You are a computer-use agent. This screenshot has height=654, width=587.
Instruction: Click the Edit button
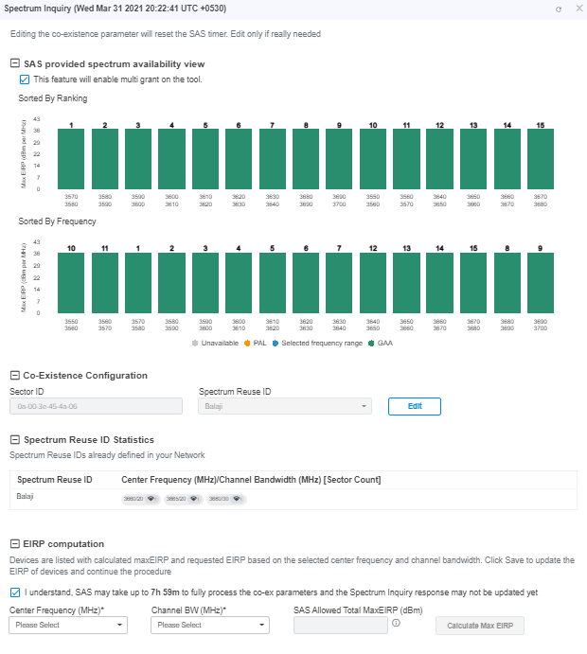pos(414,406)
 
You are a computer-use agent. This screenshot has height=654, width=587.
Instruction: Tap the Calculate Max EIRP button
pos(479,626)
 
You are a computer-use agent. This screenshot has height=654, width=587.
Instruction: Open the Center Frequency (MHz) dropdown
pos(68,626)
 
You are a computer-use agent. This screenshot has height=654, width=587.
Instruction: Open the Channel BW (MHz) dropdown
pos(210,626)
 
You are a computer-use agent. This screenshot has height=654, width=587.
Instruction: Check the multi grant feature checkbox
pos(25,80)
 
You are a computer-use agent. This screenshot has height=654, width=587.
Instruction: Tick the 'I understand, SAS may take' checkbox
pos(15,592)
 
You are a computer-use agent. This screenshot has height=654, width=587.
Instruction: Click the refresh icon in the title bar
pos(559,9)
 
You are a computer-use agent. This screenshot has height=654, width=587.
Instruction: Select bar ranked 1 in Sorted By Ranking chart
pos(71,158)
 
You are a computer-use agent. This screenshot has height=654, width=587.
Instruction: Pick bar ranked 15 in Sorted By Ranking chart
pos(540,158)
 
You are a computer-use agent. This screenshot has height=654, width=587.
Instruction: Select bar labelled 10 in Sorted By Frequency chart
pos(71,282)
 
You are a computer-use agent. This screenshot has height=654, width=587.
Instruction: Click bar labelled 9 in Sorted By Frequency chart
pos(540,282)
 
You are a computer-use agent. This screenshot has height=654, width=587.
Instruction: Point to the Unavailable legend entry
pos(216,342)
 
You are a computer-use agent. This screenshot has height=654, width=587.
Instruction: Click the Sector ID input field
pos(95,406)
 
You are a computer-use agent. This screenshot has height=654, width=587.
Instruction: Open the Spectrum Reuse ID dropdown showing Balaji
pos(283,406)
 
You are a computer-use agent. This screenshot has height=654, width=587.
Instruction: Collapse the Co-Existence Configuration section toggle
pos(14,375)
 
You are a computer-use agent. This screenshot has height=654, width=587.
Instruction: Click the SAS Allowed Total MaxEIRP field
pos(340,626)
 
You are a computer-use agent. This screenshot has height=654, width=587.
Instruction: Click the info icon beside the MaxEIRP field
pos(396,623)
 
